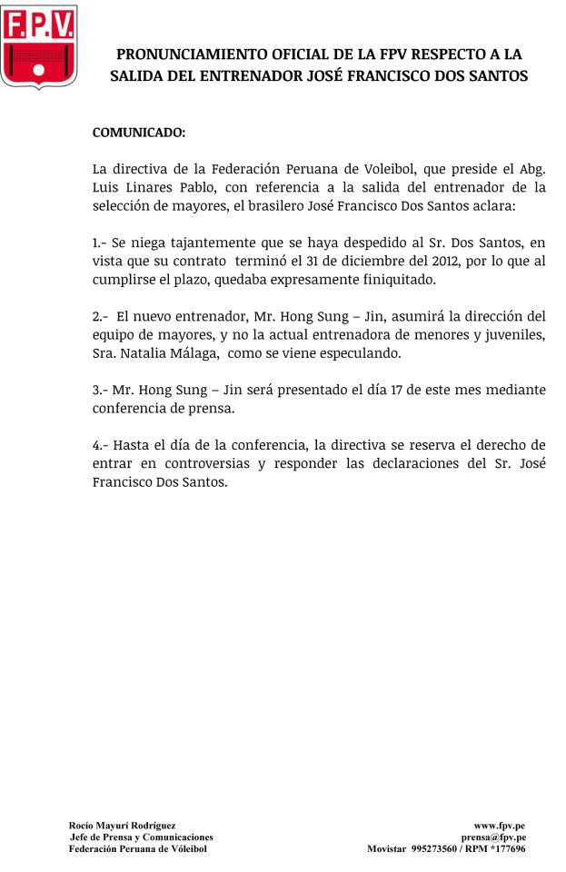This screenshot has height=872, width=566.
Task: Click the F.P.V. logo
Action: pyautogui.click(x=39, y=46)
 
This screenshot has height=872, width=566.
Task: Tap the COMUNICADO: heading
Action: pyautogui.click(x=139, y=133)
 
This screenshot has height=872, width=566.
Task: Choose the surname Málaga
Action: pyautogui.click(x=192, y=353)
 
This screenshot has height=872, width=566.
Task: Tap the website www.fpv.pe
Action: pyautogui.click(x=499, y=825)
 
